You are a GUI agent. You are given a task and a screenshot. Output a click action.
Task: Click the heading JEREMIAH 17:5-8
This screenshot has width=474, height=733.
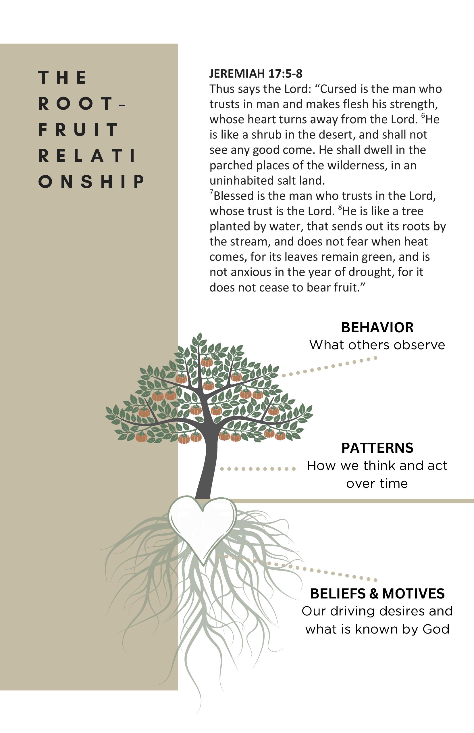point(256,74)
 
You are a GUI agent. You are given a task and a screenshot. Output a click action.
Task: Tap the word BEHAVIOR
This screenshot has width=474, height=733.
point(377,327)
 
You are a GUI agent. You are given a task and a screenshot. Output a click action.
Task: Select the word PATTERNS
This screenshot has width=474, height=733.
point(377,448)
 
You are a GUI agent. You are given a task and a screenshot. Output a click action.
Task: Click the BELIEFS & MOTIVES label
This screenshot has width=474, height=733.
point(377,594)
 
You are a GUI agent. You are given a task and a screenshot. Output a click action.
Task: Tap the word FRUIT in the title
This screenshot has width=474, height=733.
point(78,129)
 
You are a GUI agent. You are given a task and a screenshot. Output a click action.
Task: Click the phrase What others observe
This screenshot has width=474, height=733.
point(377,345)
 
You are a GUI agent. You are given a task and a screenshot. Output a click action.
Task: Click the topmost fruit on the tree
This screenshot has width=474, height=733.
point(207,362)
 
